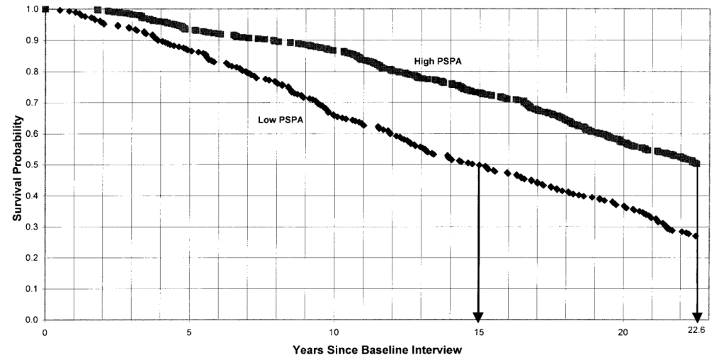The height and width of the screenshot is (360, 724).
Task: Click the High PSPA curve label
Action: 438,62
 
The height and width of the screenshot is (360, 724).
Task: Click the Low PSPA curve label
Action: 281,120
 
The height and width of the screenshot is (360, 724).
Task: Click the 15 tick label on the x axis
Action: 478,332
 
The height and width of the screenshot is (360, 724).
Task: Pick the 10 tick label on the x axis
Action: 334,332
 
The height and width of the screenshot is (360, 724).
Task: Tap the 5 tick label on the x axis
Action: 189,332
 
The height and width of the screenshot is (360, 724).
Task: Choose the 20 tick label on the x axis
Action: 623,332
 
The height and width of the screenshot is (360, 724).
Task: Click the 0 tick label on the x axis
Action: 45,332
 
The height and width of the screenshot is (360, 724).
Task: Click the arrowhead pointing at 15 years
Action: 478,315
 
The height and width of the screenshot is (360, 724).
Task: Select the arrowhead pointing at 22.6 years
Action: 697,315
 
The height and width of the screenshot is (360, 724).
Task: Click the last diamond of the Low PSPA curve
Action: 696,236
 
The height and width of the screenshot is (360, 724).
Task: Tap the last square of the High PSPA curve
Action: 696,164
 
